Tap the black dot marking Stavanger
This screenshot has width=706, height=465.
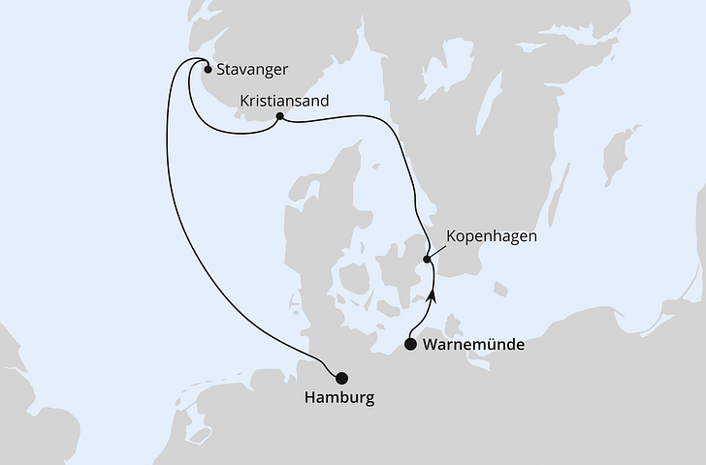(x=207, y=68)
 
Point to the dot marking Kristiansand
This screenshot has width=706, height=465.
(x=279, y=117)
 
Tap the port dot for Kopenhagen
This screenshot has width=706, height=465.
(x=427, y=259)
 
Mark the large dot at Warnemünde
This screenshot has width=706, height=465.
(x=410, y=344)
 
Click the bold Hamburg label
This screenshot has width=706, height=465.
(x=337, y=397)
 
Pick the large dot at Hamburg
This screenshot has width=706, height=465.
(x=339, y=377)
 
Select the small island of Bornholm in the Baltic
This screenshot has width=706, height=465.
(x=499, y=289)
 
